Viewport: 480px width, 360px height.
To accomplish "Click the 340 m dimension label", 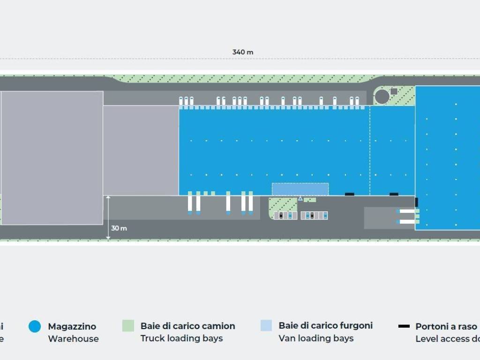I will coord(242,52).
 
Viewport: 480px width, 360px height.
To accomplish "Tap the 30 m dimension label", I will coord(119,228).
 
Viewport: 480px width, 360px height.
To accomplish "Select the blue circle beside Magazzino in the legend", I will coord(35,327).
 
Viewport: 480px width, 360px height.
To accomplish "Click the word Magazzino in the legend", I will coord(72,326).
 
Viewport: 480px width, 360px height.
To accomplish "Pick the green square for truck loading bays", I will coord(128,326).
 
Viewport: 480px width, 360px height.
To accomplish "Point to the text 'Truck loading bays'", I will coord(181,338).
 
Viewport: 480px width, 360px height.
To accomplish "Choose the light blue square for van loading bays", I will coord(266,325).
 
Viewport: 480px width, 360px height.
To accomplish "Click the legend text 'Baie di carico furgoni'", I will coord(325,325).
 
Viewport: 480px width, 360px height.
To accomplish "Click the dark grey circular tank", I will coord(382,97).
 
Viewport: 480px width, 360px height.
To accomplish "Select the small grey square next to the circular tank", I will coord(394,91).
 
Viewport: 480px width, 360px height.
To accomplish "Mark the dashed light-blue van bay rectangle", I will coord(300,189).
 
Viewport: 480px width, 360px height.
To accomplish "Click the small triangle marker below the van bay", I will coord(300,199).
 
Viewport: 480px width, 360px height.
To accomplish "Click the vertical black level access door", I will coord(416,202).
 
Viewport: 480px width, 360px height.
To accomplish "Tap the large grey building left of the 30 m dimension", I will coord(52,158).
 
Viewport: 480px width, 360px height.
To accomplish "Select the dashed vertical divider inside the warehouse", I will coord(370,150).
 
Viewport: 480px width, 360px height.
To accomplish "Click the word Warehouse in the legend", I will coord(73,338).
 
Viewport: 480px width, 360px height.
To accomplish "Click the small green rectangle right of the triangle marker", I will coord(310,200).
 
